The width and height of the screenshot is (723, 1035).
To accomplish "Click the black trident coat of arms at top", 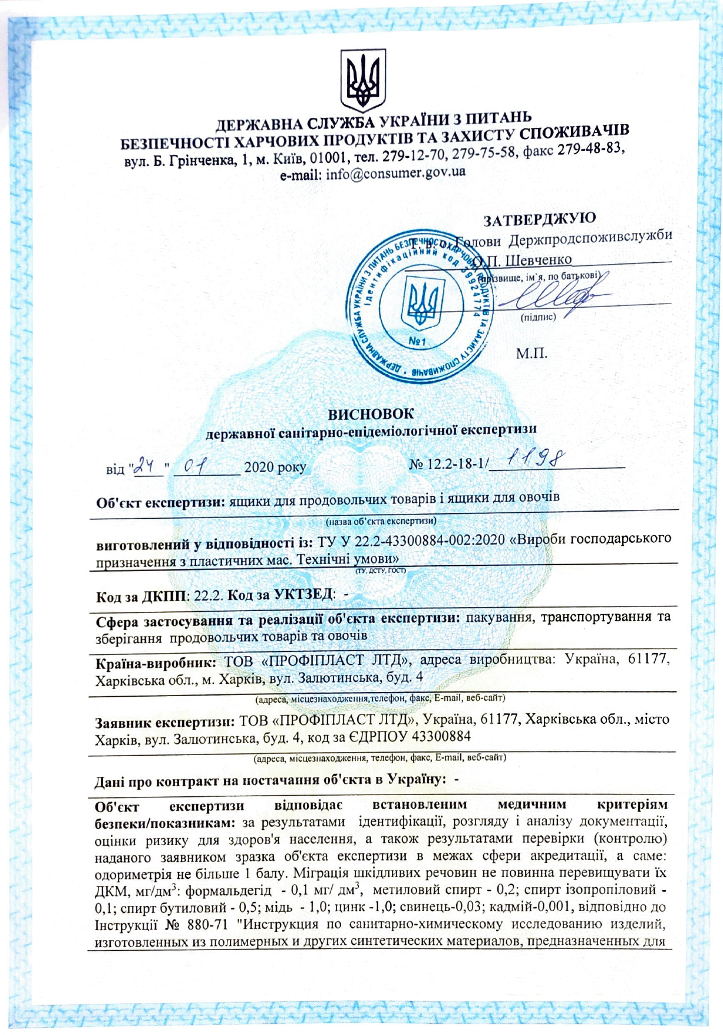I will [363, 81].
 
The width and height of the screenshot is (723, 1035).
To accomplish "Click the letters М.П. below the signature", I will [531, 354].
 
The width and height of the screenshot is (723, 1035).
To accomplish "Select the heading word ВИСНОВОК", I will [371, 414].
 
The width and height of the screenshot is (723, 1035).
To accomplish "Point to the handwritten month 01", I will [194, 467].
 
